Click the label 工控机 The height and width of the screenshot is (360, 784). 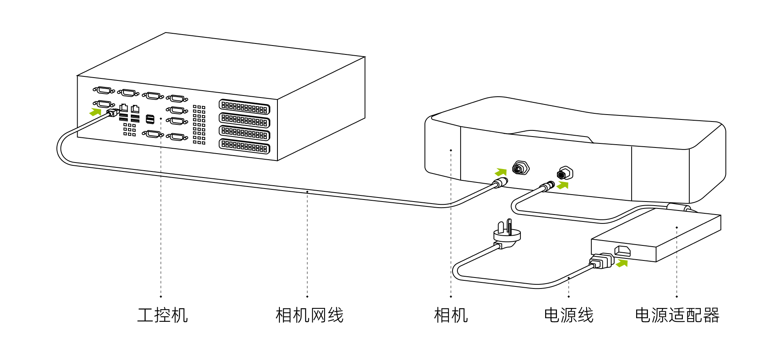pos(162,315)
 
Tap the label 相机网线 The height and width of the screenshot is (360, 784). pos(310,315)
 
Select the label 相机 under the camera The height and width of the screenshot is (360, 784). pos(451,315)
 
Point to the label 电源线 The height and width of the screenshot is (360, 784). pos(569,315)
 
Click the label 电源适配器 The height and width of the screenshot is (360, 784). pos(677,315)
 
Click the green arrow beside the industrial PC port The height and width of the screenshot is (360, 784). pos(95,112)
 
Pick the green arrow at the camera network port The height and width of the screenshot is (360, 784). pos(501,172)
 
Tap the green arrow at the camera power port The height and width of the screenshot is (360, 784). pos(563,185)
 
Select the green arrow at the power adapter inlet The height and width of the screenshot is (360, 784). pos(622,263)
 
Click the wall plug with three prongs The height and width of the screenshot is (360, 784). pos(507,235)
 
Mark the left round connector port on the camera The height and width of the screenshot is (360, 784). pos(520,167)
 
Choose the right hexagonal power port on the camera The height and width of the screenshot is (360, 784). pos(565,173)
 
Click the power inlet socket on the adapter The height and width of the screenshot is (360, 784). pos(622,251)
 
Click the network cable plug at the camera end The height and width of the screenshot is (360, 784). pos(500,183)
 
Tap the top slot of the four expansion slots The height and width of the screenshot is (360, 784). pos(245,107)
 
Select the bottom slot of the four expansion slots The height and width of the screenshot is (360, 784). pos(245,146)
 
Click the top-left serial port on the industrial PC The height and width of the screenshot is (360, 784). pos(104,90)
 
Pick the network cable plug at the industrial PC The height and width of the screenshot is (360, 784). pos(113,112)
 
